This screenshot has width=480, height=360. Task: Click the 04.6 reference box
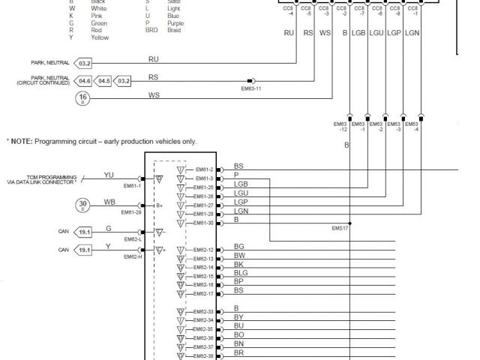point(84,80)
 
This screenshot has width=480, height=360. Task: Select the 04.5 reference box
point(103,80)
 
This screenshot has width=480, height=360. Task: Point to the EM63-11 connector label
point(251,88)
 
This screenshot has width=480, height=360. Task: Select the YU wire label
point(109,175)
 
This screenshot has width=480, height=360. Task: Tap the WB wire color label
point(109,201)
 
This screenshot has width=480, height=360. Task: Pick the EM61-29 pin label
point(133,212)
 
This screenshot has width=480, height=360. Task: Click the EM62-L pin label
point(133,239)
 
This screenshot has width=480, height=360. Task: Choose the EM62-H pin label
point(133,256)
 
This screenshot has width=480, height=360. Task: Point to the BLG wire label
point(241,273)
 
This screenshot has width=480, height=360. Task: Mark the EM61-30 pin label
point(204,223)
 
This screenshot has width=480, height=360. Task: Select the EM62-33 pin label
point(204,311)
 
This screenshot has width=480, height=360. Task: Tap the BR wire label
point(238,352)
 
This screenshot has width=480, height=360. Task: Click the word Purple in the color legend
point(175,23)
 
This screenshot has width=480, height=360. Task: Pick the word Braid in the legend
point(173,30)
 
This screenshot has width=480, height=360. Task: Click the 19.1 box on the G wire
point(85,232)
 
